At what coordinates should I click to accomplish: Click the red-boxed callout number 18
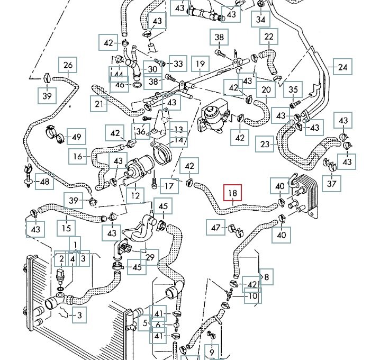233,192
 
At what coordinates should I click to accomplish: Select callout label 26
68,65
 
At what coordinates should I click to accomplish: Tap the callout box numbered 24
342,67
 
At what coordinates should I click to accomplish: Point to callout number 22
269,37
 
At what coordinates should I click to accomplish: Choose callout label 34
261,19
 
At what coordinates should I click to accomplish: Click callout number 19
200,64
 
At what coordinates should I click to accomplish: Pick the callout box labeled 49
76,137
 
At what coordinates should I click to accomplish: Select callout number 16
78,156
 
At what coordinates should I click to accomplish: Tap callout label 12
135,196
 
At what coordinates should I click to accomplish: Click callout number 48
44,182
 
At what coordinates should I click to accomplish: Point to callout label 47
215,228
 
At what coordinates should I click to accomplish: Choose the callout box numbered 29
150,257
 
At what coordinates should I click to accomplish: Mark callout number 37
331,183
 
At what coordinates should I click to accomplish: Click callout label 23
265,144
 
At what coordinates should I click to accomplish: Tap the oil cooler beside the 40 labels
305,195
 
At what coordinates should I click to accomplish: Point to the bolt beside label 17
154,183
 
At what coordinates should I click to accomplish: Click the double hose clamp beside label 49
55,134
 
